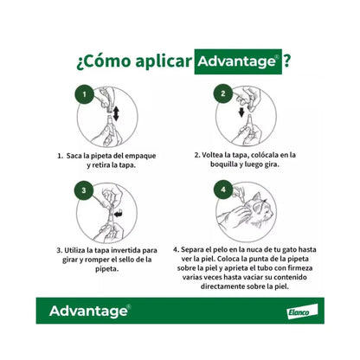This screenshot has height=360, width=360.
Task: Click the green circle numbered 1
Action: tap(84, 92)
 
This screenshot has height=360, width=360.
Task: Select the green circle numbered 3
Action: tap(85, 189)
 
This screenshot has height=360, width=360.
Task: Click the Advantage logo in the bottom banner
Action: tap(90, 311)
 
